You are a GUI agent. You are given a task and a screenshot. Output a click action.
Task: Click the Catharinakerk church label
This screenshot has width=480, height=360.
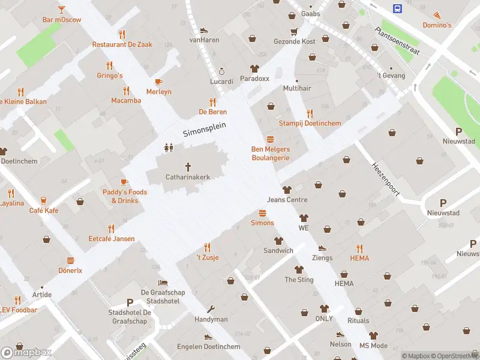pos(187,177)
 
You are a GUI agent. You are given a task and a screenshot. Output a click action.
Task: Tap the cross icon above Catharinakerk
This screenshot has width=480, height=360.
pos(188,166)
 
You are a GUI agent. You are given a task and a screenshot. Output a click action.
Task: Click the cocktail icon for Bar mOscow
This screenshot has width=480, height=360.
pos(61,10)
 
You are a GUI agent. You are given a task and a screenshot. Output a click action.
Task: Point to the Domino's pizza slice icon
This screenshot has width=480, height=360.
pos(437,15)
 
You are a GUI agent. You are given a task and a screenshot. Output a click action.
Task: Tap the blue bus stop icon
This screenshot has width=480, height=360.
pos(397,8)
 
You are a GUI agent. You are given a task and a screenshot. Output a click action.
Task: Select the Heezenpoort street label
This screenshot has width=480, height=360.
pos(385,179)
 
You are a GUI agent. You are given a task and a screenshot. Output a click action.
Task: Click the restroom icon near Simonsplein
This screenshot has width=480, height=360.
pos(169,147)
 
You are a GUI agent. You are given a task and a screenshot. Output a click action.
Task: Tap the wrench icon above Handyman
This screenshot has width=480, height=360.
pos(211,310)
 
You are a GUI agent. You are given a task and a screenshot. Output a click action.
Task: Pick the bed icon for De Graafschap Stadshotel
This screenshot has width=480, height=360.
pos(163,283)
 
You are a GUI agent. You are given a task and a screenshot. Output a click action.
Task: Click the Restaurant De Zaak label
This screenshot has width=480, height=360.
pos(122,44)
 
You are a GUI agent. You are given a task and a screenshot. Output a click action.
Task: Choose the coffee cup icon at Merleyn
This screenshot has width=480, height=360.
pos(158,82)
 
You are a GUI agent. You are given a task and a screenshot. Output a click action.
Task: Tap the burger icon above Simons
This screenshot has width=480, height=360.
pos(262,213)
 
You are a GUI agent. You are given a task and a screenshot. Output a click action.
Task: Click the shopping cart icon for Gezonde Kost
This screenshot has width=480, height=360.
pos(294,31)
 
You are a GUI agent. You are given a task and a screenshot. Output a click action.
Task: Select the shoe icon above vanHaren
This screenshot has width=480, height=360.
pos(204,30)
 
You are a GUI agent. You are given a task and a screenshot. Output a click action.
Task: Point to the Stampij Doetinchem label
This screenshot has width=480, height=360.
pos(310,124)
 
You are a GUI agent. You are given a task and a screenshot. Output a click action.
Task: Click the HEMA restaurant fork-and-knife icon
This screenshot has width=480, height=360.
pos(359,248)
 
